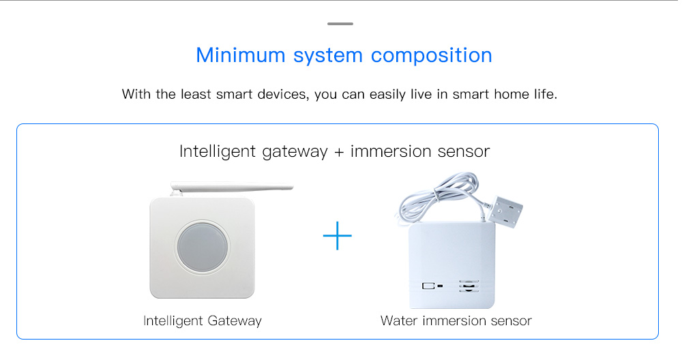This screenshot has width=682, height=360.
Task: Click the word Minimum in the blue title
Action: (x=241, y=55)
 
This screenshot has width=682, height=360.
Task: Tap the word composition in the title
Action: (x=431, y=56)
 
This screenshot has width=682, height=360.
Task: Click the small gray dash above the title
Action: (x=340, y=23)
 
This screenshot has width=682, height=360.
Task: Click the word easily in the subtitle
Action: (x=387, y=95)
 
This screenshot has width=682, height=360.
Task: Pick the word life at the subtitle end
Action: (x=546, y=94)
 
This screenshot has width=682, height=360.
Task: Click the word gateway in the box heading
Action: (x=295, y=152)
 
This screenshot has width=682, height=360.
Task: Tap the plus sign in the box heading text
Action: (x=339, y=152)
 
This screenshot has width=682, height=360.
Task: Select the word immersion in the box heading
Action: (x=391, y=151)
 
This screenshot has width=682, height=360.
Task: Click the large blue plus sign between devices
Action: (x=337, y=236)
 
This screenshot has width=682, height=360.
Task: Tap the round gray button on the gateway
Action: (x=202, y=247)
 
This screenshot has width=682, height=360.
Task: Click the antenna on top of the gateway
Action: (x=232, y=187)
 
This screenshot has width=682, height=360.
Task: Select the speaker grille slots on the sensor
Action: (x=469, y=286)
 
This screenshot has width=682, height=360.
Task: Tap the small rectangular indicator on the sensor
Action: (x=428, y=286)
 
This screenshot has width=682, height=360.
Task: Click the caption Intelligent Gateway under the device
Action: (x=203, y=321)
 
